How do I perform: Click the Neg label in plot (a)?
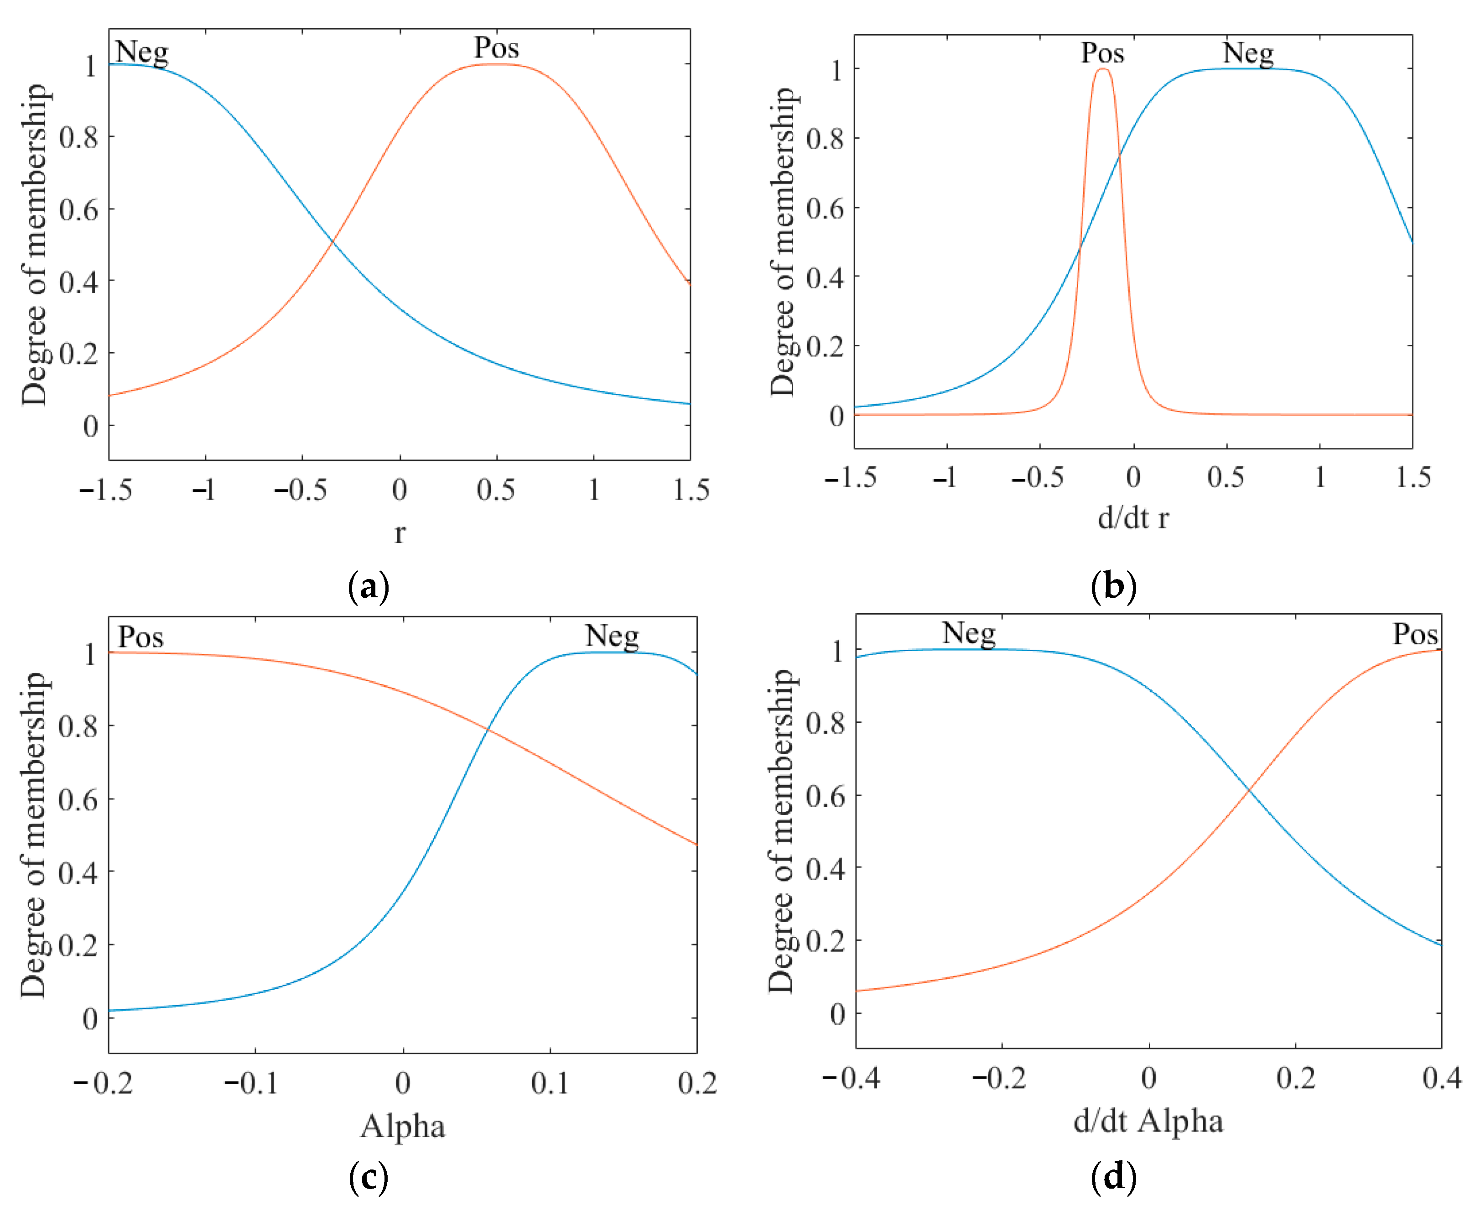point(141,53)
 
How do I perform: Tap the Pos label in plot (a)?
point(497,47)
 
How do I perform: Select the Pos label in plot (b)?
point(1102,53)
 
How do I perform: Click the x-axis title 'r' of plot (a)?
point(400,533)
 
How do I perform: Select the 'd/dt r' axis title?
point(1132,517)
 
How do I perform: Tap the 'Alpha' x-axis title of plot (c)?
point(402,1126)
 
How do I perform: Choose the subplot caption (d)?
point(1113,1177)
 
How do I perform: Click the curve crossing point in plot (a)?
point(332,241)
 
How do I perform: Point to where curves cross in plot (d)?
point(1248,789)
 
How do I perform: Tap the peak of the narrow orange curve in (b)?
point(1102,69)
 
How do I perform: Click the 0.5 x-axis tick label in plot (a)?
point(496,491)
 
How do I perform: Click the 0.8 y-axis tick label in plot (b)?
point(825,139)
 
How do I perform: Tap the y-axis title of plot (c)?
point(33,834)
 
